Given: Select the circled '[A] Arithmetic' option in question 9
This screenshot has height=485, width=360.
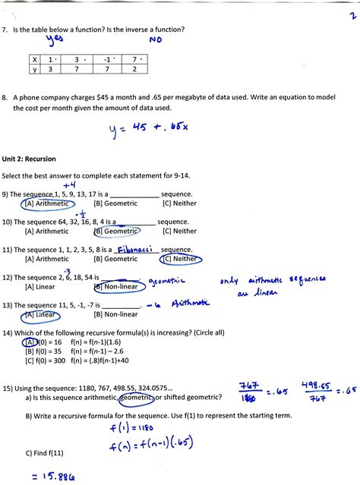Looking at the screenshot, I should pyautogui.click(x=46, y=203).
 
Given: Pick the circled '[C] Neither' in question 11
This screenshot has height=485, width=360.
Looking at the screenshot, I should pyautogui.click(x=180, y=259).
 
